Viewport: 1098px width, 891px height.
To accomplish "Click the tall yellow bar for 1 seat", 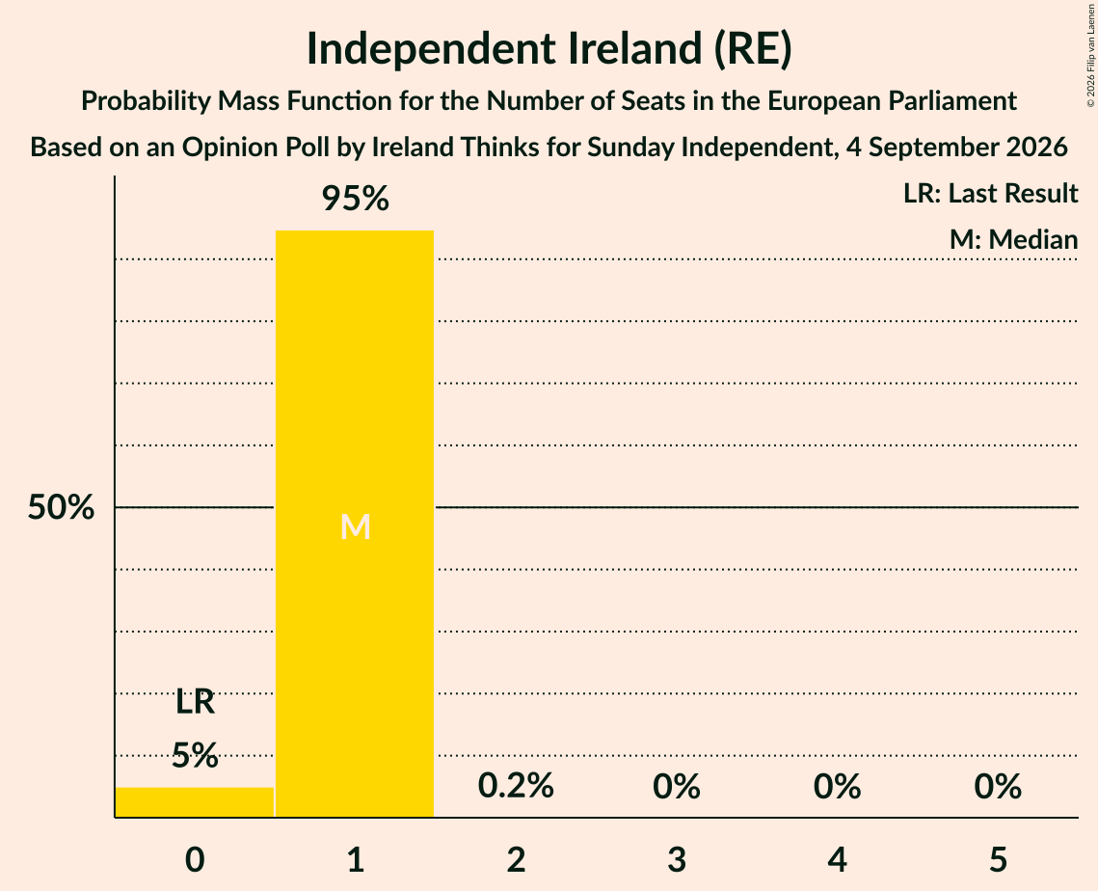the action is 355,524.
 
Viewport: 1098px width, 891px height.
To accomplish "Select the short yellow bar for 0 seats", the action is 195,802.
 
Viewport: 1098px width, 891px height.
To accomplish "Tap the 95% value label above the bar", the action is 355,199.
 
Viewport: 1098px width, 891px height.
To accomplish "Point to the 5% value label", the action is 195,755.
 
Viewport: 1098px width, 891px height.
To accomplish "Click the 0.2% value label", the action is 516,785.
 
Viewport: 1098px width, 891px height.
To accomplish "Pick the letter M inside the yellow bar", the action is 355,526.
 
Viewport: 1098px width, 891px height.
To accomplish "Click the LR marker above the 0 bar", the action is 195,701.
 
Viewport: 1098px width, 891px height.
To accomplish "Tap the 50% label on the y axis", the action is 61,507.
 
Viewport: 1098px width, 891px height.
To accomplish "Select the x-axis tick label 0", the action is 195,859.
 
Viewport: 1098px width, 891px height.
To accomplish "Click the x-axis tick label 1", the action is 356,859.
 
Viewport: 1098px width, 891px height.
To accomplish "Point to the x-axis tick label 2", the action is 516,859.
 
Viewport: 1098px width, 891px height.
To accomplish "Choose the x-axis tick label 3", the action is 677,859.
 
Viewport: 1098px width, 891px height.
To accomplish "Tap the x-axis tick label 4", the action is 838,859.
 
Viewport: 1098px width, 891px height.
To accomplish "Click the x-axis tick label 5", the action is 998,859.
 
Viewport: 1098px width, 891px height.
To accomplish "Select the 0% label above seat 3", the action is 677,786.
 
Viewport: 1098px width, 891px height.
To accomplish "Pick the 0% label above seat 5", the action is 998,786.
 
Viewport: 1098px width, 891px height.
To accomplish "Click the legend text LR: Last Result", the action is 990,193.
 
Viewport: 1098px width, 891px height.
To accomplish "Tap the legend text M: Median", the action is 1013,239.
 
